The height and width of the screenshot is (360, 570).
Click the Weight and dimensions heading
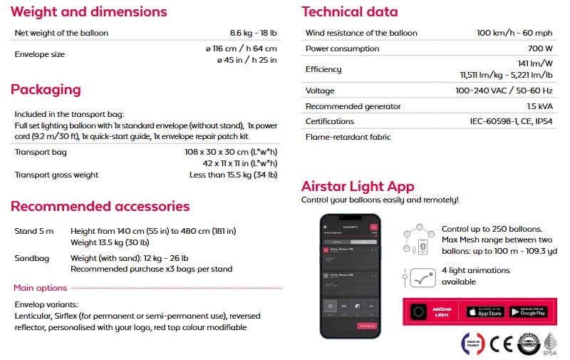(x=89, y=12)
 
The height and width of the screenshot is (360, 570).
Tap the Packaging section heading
(x=46, y=90)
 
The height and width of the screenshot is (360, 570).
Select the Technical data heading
(x=350, y=12)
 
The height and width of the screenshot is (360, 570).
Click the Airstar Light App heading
(x=358, y=187)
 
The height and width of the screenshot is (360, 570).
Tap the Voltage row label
(x=320, y=91)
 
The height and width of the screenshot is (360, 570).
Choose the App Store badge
(x=485, y=312)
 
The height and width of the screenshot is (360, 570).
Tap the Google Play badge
(x=529, y=312)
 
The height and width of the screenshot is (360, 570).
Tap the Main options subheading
(x=41, y=288)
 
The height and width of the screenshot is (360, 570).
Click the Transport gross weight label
(x=57, y=175)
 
